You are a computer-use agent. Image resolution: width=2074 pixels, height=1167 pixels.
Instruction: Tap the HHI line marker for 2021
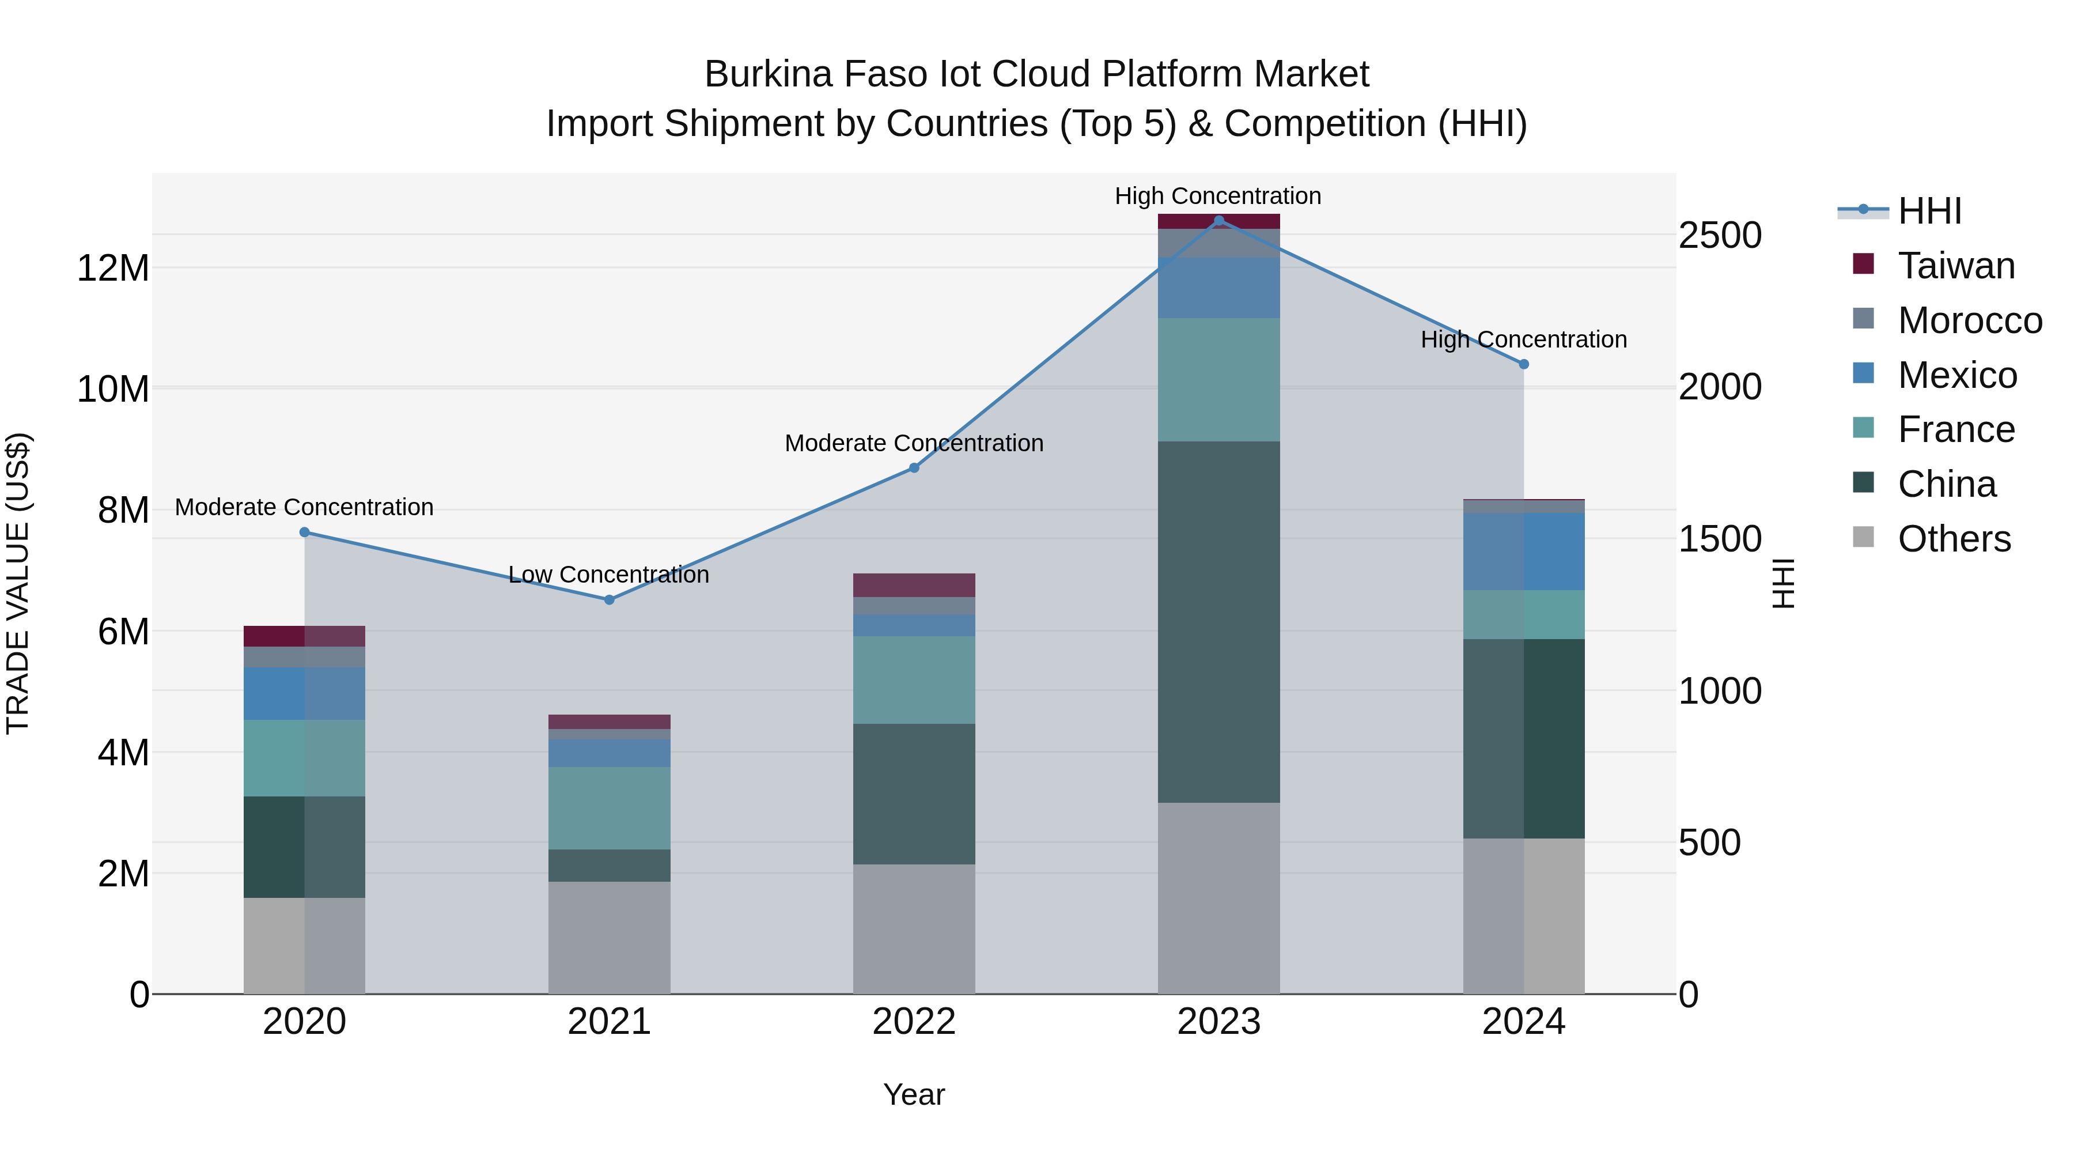(609, 600)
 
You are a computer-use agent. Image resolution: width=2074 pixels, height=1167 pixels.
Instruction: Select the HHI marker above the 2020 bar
(304, 532)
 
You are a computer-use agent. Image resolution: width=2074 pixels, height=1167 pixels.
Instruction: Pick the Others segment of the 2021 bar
(609, 938)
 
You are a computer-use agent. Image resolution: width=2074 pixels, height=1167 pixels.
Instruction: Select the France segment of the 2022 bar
(914, 680)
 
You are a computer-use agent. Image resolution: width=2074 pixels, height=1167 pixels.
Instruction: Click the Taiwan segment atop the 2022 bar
(914, 586)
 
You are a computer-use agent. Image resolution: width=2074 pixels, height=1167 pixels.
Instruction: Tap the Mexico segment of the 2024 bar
(1523, 552)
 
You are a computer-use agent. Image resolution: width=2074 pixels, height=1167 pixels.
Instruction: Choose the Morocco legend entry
(1969, 320)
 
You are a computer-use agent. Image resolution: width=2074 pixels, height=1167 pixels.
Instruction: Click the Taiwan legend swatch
(1863, 264)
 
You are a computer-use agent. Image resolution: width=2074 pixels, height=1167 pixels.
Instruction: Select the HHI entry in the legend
(1929, 211)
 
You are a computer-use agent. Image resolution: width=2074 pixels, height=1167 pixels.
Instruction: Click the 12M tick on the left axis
(113, 268)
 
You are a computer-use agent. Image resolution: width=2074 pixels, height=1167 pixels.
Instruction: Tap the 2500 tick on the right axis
(1720, 236)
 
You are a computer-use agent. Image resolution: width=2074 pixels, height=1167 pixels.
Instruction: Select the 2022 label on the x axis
(914, 1022)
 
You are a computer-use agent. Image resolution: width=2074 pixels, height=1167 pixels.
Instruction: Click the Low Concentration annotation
(609, 575)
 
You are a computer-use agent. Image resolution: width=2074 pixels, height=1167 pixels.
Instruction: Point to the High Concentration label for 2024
(1523, 340)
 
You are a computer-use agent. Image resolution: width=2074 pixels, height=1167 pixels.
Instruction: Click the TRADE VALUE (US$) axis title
(18, 583)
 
